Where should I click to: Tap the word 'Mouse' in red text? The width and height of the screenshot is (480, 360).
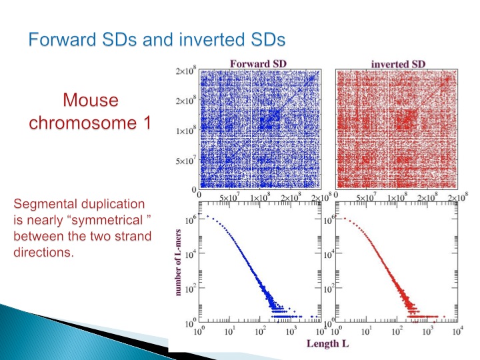[x=91, y=101]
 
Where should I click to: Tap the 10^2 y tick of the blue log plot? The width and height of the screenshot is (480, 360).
[x=190, y=291]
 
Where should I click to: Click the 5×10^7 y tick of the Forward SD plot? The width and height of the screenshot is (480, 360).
[x=185, y=161]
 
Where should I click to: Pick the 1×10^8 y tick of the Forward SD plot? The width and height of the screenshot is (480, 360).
[x=185, y=131]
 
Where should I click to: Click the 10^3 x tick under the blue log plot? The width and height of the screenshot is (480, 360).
[x=291, y=331]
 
